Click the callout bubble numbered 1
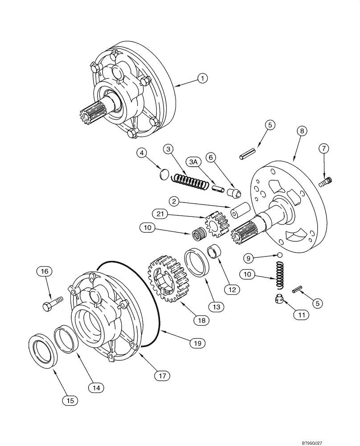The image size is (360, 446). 202,78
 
